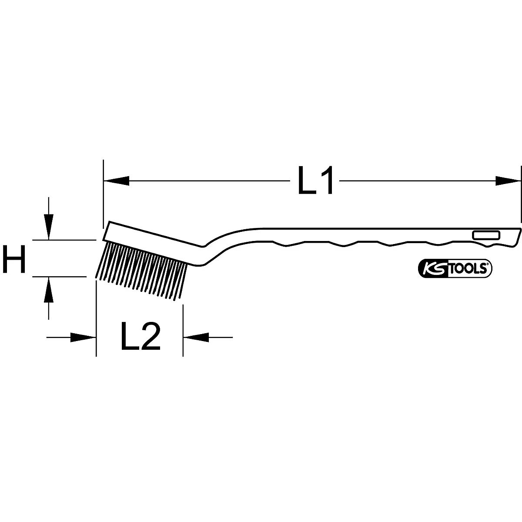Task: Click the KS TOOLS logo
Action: (x=455, y=269)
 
